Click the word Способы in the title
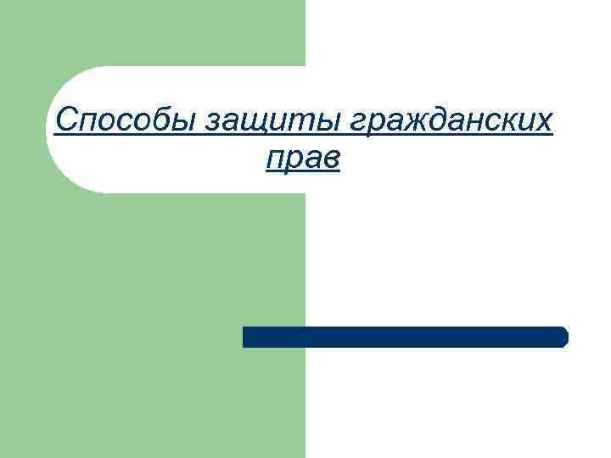(x=124, y=122)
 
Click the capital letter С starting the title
(x=64, y=121)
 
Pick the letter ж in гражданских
(x=410, y=124)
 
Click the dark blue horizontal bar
(x=405, y=337)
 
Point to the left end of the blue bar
(x=247, y=337)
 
